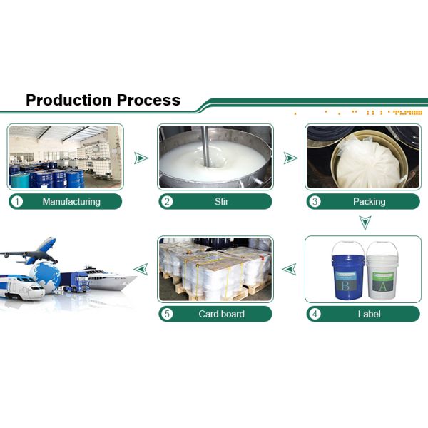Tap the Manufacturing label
pos(71,201)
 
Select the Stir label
pos(222,201)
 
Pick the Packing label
pos(369,201)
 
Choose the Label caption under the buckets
pos(370,313)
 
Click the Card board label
pos(221,313)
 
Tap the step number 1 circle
pos(18,201)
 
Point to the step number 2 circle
pos(168,201)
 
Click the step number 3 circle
pos(315,201)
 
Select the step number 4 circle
pos(315,313)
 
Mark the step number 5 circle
pos(168,313)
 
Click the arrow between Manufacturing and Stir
pos(141,158)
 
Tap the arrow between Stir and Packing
pos(290,158)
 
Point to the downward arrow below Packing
pos(365,223)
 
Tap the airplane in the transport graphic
pos(32,249)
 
